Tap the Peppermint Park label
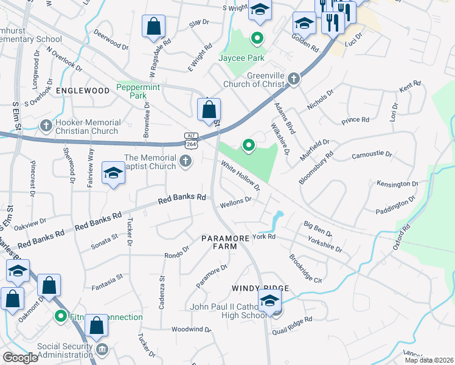138,92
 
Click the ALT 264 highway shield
190,139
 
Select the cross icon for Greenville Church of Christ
294,78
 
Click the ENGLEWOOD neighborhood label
82,90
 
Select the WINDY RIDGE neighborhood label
259,288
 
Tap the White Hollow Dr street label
240,175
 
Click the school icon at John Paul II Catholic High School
269,300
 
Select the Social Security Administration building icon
102,349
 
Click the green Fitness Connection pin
60,316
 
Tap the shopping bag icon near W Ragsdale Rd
153,27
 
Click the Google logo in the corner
21,358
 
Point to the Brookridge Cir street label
305,268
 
